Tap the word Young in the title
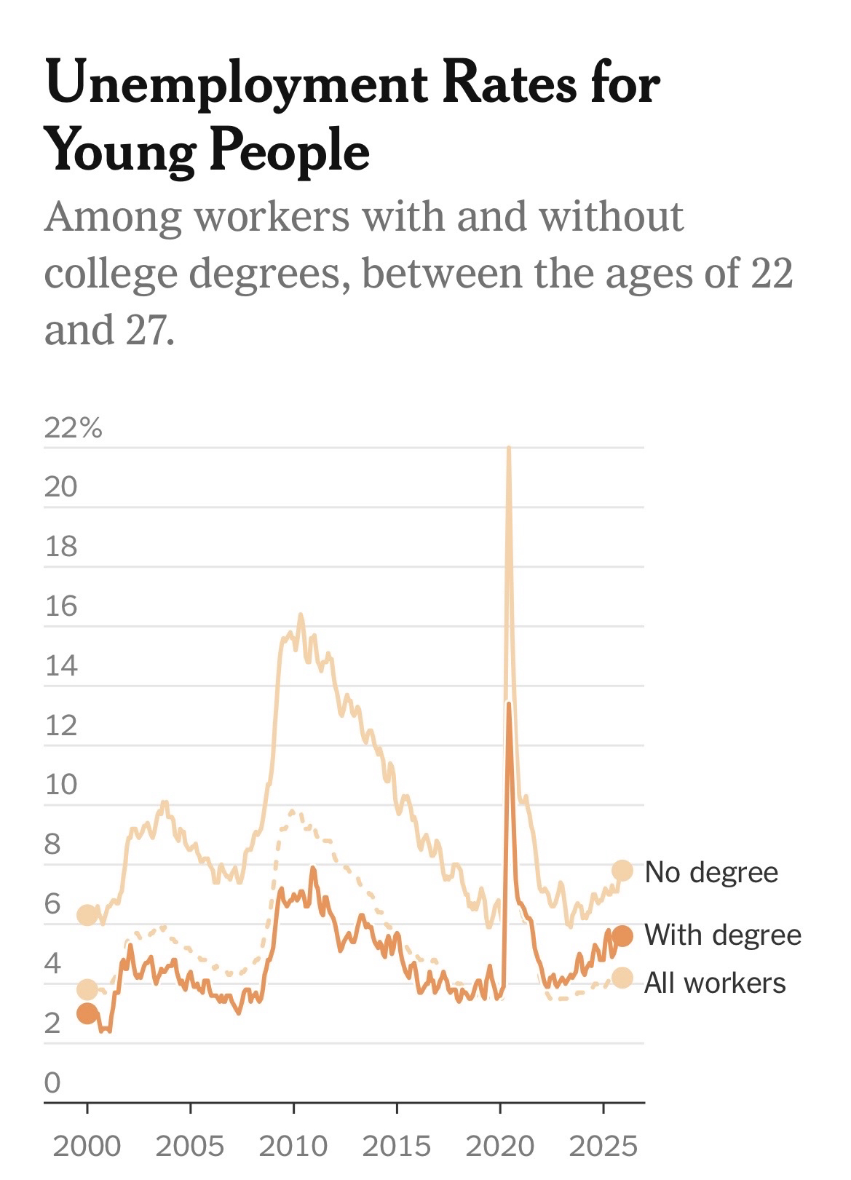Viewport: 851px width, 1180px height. (121, 152)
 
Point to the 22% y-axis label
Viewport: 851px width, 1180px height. (73, 428)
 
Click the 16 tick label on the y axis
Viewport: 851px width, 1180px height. (61, 606)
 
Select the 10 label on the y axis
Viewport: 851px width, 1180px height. (61, 785)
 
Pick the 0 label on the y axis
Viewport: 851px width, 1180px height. (52, 1082)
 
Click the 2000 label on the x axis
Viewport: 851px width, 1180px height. (87, 1146)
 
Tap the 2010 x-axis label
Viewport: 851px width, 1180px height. (293, 1146)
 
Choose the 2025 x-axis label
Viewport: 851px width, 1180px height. (603, 1146)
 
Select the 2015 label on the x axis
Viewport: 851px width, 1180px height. (397, 1146)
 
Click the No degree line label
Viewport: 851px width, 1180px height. (711, 871)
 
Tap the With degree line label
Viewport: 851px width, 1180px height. (723, 935)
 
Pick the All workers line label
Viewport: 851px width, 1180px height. (715, 983)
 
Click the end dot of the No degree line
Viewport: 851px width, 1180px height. (622, 870)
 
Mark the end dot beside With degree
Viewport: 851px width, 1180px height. (622, 935)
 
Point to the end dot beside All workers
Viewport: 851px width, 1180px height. (622, 978)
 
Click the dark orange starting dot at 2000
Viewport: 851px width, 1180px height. (87, 1013)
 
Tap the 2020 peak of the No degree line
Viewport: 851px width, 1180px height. (508, 448)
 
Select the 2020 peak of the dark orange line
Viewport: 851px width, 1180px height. (509, 703)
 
